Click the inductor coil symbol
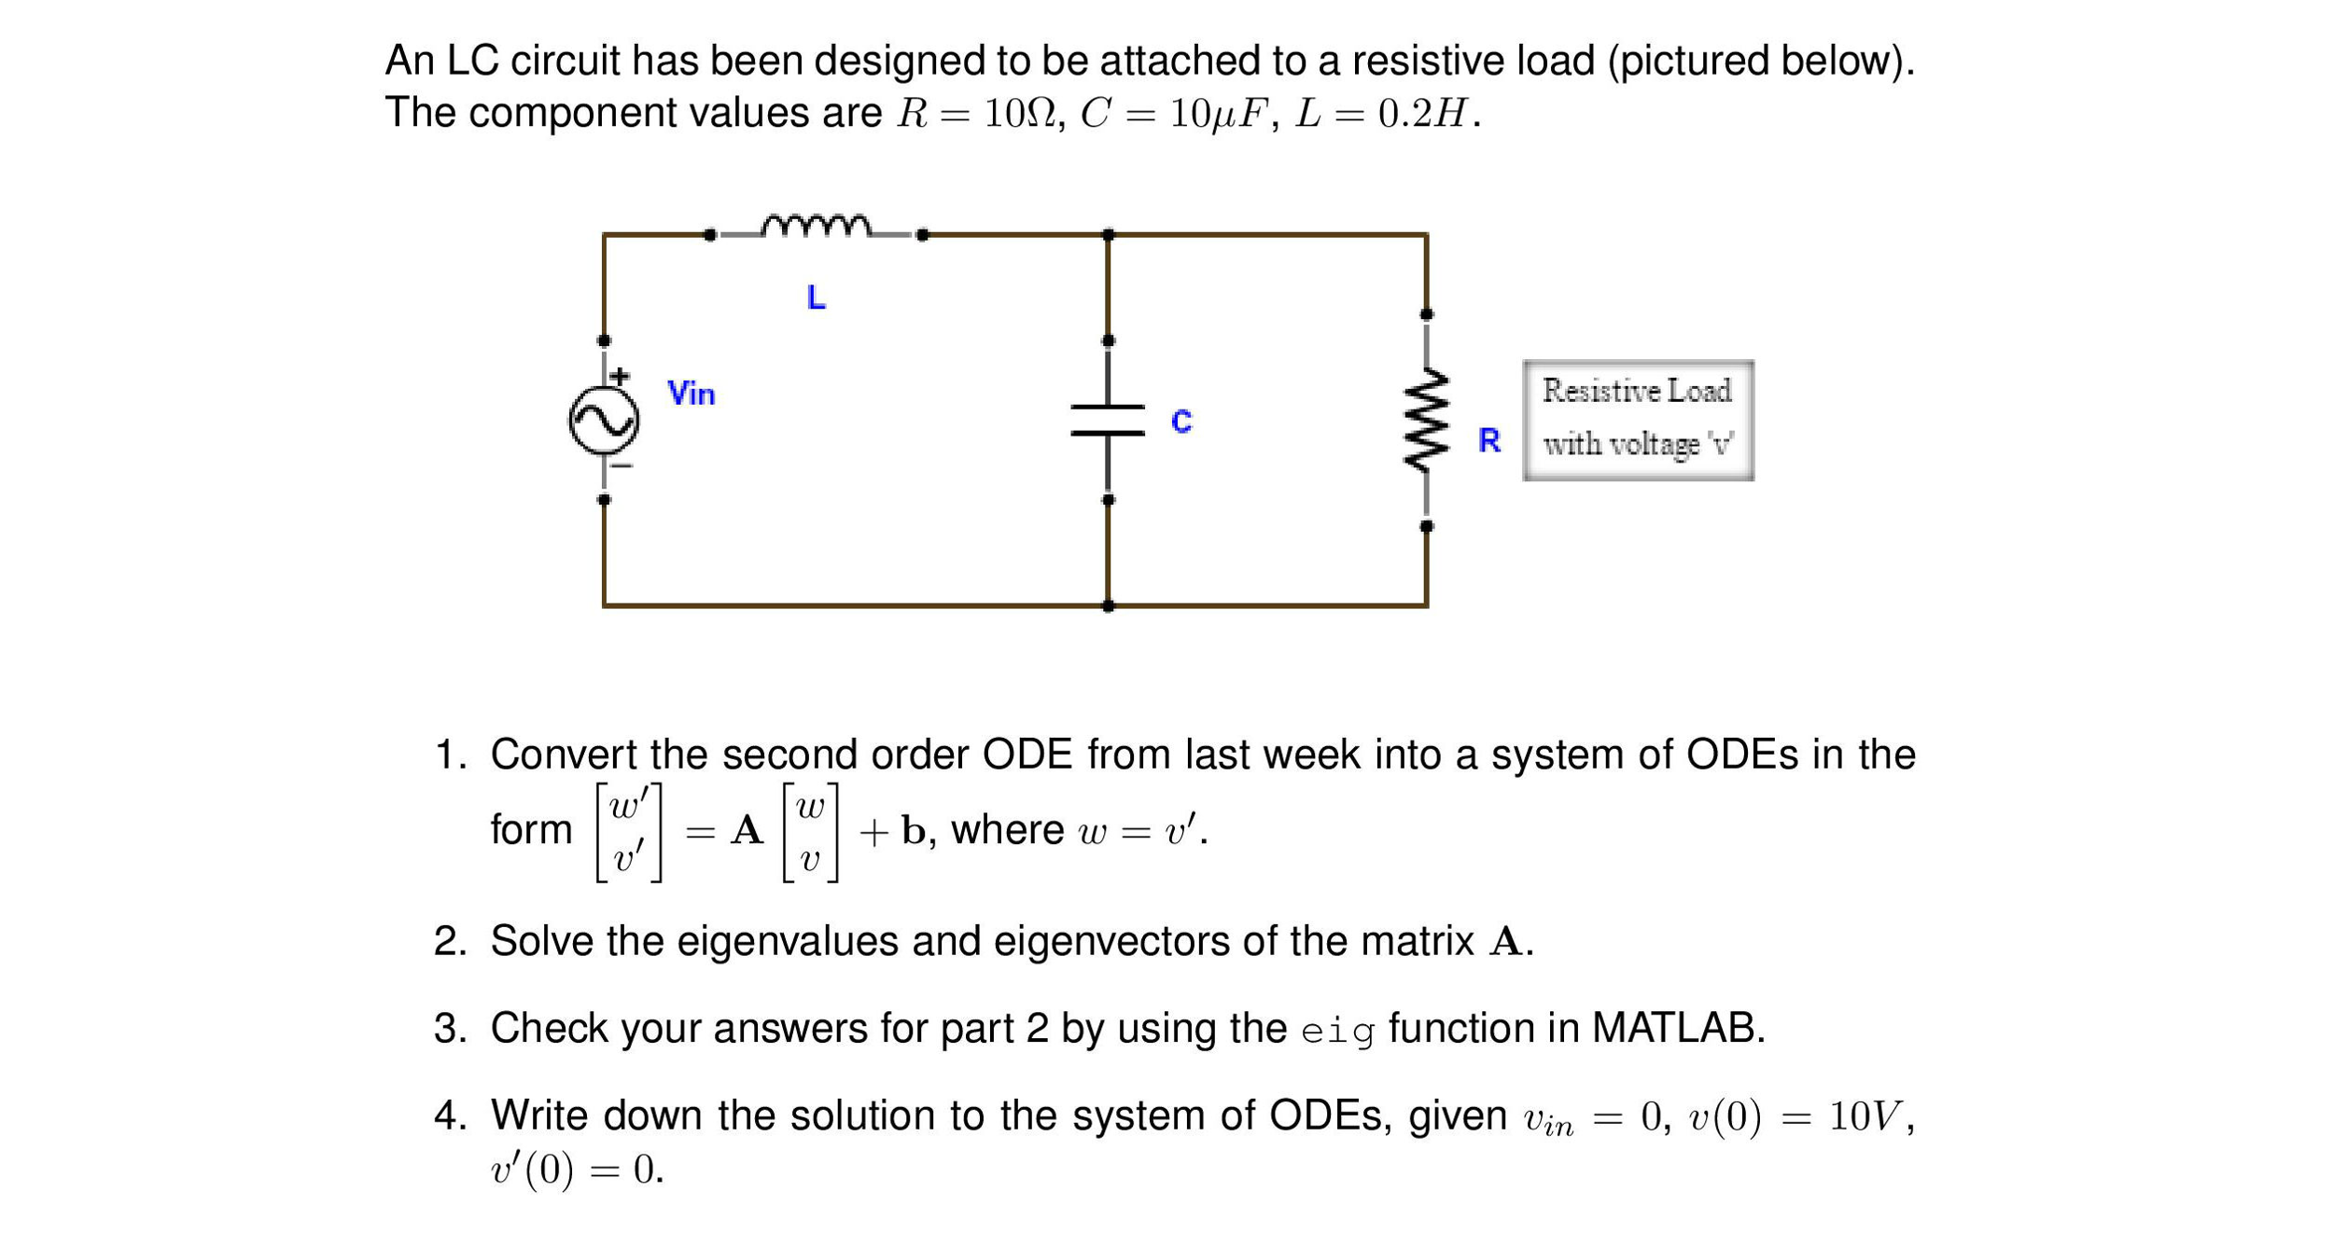[x=816, y=227]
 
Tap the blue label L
[x=816, y=298]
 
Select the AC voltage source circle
[x=604, y=421]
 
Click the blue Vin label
[x=691, y=394]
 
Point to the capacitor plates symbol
[x=1108, y=420]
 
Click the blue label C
[x=1181, y=422]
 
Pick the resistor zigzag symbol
[x=1426, y=420]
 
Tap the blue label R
[x=1489, y=440]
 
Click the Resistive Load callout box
[x=1638, y=421]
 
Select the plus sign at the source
[x=620, y=377]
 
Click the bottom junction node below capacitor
[x=1108, y=606]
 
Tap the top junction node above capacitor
[x=1108, y=235]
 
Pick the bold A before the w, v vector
[x=747, y=830]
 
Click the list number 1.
[x=449, y=755]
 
